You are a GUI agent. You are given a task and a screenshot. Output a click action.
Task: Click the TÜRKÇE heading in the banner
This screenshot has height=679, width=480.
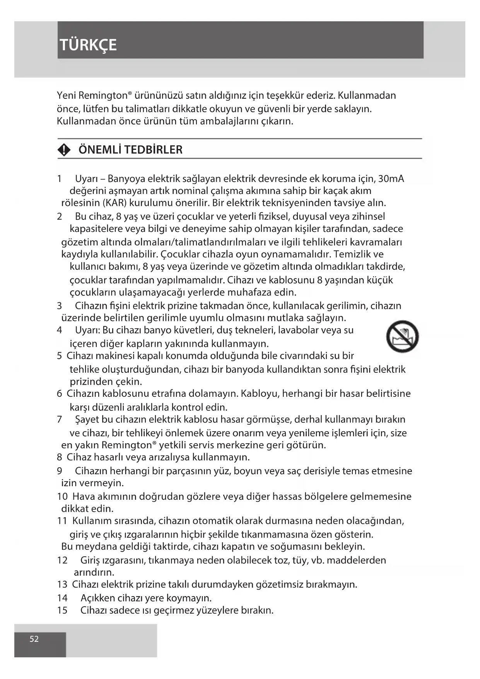[88, 45]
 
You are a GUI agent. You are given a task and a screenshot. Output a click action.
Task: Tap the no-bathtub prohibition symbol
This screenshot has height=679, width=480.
[402, 336]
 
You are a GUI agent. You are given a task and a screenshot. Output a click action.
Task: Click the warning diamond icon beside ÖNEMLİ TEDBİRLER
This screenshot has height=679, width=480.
[64, 150]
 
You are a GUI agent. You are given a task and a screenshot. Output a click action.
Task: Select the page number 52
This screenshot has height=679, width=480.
[34, 639]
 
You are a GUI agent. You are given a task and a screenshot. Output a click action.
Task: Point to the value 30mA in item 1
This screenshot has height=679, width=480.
[391, 178]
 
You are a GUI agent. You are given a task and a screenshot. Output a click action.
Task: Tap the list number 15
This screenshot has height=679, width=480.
[62, 610]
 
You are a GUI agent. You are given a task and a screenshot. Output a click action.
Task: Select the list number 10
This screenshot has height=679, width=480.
[62, 496]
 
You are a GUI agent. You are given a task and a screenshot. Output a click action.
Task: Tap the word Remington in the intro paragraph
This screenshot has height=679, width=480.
[102, 96]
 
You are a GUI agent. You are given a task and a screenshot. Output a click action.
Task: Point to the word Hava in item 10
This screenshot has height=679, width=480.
[84, 496]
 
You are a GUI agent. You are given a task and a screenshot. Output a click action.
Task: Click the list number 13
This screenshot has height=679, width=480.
[62, 584]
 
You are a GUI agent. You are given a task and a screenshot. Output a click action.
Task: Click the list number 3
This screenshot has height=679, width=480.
[60, 306]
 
